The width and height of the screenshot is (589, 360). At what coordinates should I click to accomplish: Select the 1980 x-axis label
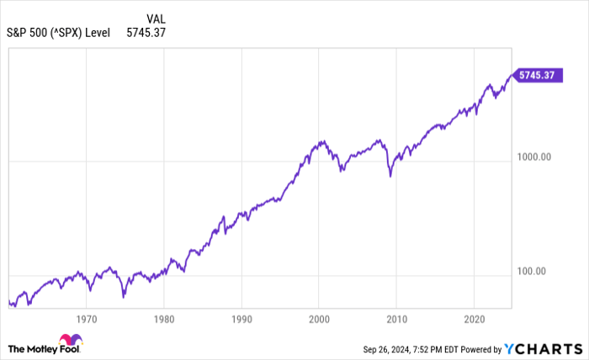coord(164,320)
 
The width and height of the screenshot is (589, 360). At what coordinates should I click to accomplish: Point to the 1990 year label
coord(241,320)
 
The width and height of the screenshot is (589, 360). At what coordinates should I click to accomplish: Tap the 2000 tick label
coord(319,320)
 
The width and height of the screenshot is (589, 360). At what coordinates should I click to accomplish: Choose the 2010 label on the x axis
coord(396,320)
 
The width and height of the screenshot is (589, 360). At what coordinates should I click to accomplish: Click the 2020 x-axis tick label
coord(474,320)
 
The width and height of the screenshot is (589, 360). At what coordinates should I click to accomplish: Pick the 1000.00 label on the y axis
coord(533,156)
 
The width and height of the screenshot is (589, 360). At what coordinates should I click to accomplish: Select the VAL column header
coord(155,19)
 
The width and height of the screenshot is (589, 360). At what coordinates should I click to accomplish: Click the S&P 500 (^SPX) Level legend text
coord(59,34)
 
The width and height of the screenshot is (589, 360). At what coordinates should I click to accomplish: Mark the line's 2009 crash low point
coord(390,176)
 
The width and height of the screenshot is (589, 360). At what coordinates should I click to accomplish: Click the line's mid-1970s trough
coord(124,296)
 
